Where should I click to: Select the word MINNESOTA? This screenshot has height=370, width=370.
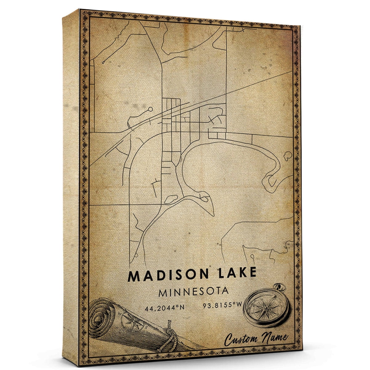[x=194, y=292]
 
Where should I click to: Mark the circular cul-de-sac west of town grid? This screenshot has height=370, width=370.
[x=150, y=109]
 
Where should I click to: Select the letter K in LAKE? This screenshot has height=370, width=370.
[x=240, y=274]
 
